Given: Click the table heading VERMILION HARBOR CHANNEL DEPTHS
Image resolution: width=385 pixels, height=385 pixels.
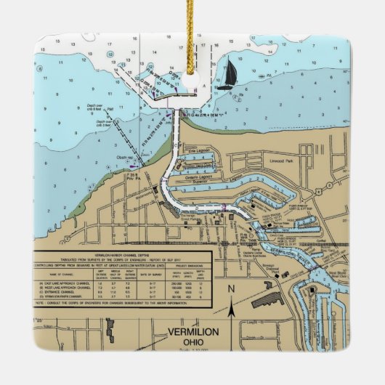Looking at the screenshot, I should point(121,254).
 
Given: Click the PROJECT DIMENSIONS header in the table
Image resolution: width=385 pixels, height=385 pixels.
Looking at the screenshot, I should point(187,264).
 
